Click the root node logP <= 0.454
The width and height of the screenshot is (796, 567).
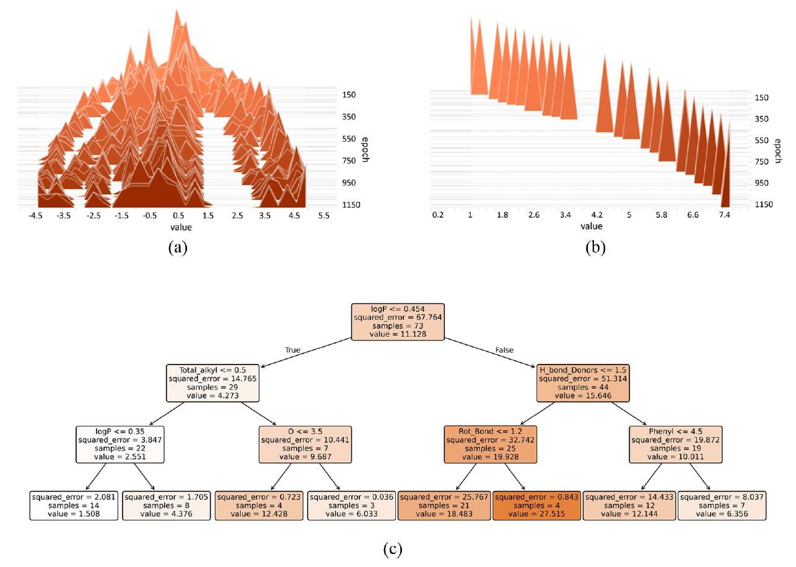coord(398,321)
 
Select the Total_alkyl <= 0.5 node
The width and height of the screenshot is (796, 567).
coord(212,383)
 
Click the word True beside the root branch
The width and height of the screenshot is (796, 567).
coord(292,350)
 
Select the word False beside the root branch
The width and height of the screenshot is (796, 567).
coord(504,350)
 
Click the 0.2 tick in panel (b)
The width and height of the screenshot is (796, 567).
coord(438,215)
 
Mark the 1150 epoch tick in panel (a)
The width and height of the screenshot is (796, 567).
coord(348,205)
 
